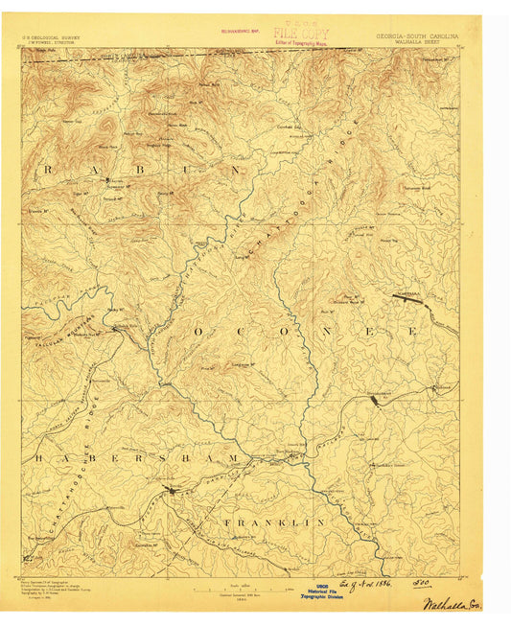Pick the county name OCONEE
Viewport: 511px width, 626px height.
306,330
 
